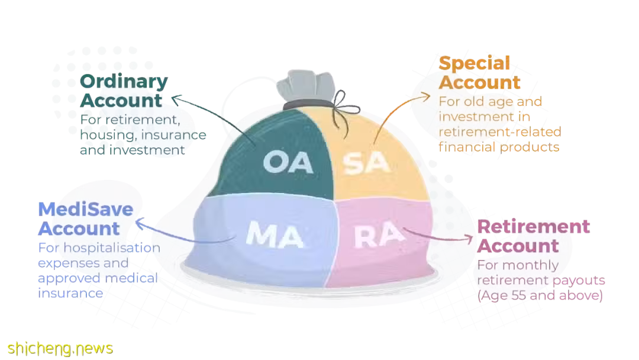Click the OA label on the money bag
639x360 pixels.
click(288, 162)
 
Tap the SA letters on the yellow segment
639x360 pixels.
click(366, 163)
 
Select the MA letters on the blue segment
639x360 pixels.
click(275, 234)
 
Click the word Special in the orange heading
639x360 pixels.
click(475, 63)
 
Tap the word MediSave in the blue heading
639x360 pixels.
click(86, 209)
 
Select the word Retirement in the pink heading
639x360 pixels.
click(534, 227)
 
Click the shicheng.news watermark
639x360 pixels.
click(60, 349)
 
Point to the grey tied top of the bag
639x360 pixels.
click(306, 86)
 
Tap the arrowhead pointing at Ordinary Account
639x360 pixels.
click(176, 99)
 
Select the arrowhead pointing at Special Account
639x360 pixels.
click(425, 97)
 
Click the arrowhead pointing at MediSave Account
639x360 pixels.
click(140, 223)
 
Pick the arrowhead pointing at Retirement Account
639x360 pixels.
click(469, 239)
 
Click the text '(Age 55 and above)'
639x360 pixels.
click(540, 295)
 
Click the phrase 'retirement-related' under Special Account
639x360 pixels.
click(500, 131)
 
